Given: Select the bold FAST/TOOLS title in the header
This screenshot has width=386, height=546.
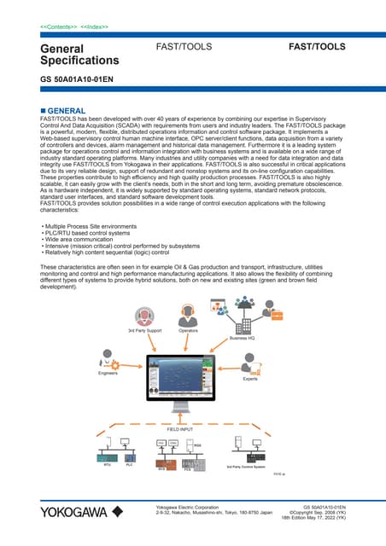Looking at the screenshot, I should coord(318,48).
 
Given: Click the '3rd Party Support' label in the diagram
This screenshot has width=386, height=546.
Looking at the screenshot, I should coord(144,329).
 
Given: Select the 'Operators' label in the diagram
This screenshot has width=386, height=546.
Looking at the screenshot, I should coord(189,329).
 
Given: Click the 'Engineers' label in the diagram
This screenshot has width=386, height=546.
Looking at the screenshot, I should coord(108,374).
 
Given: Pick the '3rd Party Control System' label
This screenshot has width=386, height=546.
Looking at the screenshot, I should coord(246,468).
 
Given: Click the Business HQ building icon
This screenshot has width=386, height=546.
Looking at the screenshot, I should coord(244,320).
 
